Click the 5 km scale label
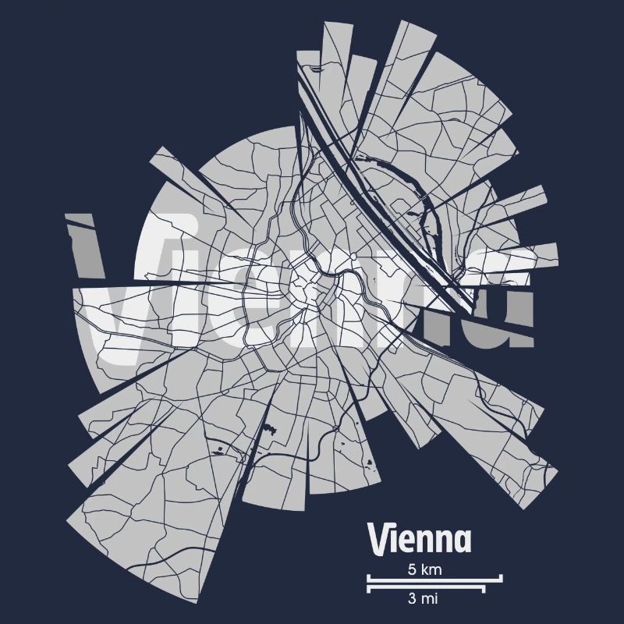(x=424, y=569)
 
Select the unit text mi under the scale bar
(x=431, y=599)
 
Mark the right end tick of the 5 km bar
(x=501, y=579)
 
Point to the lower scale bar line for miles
(x=425, y=587)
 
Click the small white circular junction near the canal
(x=353, y=255)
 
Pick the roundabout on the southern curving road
(x=333, y=429)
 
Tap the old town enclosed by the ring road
(x=308, y=290)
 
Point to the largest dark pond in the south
(x=272, y=427)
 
